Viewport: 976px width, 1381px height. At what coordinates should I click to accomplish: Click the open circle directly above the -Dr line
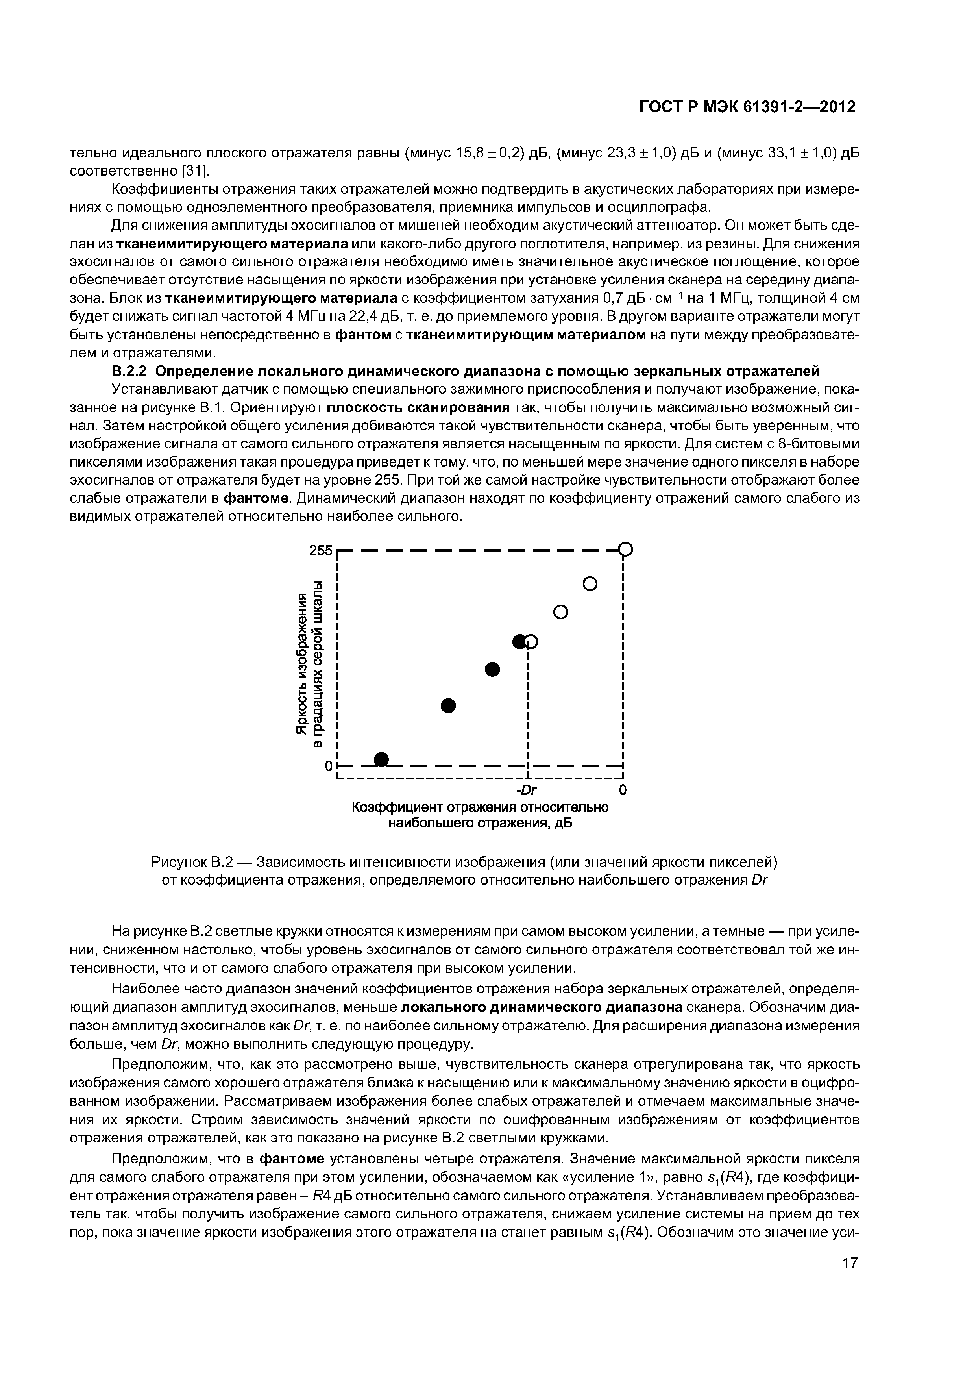coord(531,642)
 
